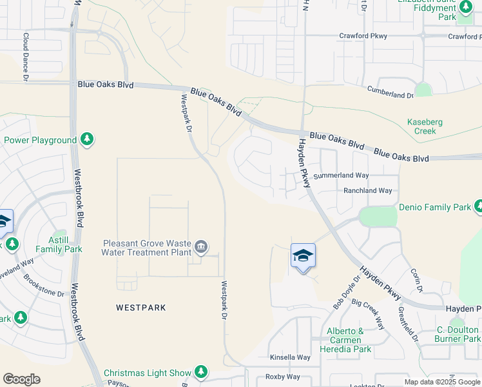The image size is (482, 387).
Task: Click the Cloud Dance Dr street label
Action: click(26, 57)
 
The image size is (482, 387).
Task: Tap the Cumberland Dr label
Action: click(390, 92)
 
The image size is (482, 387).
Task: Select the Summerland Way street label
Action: click(341, 175)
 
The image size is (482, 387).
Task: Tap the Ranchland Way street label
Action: click(368, 191)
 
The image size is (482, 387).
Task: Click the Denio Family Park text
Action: click(435, 207)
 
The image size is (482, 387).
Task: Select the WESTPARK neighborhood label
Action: click(140, 308)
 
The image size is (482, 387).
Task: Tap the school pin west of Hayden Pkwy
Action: click(303, 256)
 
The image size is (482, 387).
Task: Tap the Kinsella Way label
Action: click(290, 357)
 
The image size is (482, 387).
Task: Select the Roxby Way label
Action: click(283, 377)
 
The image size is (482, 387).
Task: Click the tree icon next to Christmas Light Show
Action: click(202, 372)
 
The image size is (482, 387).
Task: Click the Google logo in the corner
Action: click(21, 379)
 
